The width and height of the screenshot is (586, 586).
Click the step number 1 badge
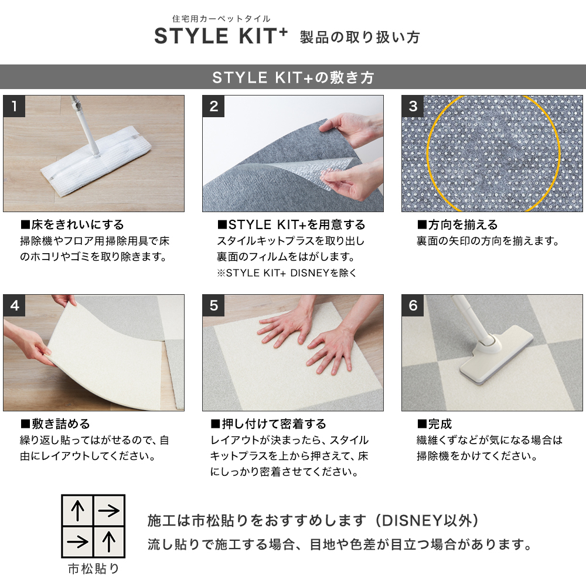(14, 106)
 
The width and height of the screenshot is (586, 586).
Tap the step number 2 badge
(213, 106)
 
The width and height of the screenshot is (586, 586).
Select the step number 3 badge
(413, 106)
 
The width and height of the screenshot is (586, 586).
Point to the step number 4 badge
(14, 305)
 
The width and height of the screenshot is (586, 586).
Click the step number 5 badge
(213, 305)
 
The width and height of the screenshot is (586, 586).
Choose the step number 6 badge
(413, 305)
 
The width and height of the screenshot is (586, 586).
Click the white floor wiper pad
(96, 157)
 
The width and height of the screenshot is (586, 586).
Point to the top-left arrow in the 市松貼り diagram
(77, 510)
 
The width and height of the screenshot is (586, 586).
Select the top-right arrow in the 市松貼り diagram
(109, 510)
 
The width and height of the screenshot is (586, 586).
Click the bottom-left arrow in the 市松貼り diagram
(77, 541)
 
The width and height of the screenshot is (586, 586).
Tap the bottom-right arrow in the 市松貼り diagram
(109, 542)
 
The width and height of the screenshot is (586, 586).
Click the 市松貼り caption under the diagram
(93, 569)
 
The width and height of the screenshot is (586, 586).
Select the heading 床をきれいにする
(72, 224)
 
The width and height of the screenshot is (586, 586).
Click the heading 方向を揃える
(458, 224)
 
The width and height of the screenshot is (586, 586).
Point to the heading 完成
(435, 424)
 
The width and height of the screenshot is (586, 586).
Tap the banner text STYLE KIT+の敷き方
(293, 77)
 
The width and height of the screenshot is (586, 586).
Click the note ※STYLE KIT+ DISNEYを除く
(287, 273)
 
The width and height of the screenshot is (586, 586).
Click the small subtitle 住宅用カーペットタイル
(222, 18)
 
